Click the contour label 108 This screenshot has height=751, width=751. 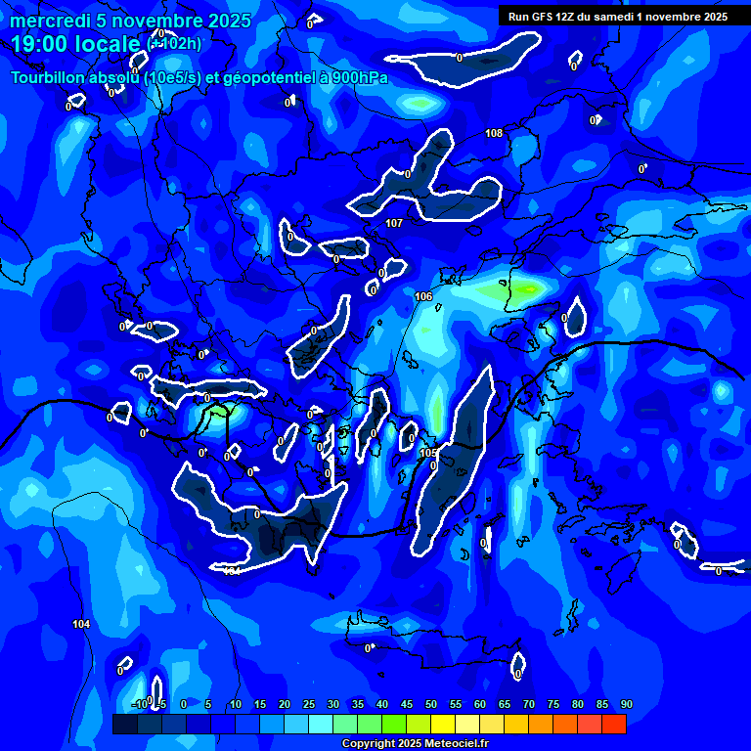(494, 133)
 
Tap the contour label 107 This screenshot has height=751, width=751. (394, 224)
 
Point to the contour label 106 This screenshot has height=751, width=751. (423, 296)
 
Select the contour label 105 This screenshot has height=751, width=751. (427, 453)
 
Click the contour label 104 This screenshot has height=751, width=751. (81, 624)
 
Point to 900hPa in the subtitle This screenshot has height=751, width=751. (356, 77)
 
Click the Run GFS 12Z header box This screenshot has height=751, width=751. (618, 16)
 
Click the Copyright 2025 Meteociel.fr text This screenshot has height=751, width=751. (415, 744)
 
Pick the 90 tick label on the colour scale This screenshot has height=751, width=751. (626, 704)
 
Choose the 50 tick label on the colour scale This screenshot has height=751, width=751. (430, 704)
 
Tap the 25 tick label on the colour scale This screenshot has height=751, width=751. (308, 704)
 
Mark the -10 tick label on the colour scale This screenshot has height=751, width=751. (139, 704)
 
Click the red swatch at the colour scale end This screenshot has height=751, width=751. (613, 724)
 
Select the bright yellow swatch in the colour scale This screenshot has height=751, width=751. (442, 724)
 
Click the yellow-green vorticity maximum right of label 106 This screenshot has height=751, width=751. (523, 289)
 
